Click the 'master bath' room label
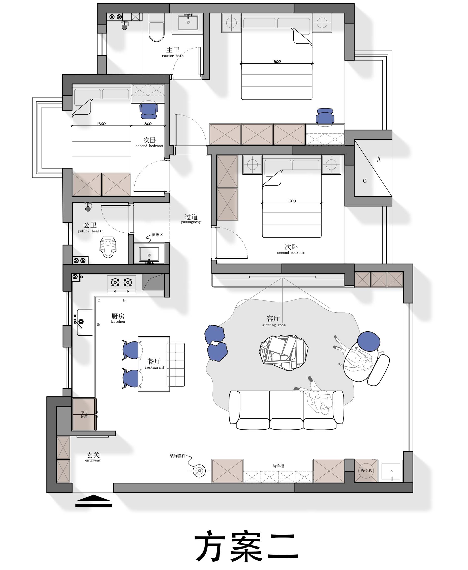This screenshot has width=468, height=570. pyautogui.click(x=173, y=56)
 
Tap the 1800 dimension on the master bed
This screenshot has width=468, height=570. pyautogui.click(x=277, y=62)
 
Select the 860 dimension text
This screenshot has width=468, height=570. pyautogui.click(x=148, y=124)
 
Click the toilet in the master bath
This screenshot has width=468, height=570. pyautogui.click(x=157, y=28)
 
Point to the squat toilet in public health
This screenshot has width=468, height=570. pyautogui.click(x=108, y=247)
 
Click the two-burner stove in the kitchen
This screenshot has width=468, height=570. pyautogui.click(x=121, y=284)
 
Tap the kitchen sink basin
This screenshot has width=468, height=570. pyautogui.click(x=85, y=322)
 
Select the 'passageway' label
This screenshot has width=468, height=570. pyautogui.click(x=191, y=222)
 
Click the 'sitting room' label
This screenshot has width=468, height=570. pyautogui.click(x=274, y=325)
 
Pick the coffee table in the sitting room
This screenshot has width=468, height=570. pyautogui.click(x=284, y=353)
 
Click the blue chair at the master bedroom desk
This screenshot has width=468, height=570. pyautogui.click(x=325, y=117)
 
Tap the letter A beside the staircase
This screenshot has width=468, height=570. pyautogui.click(x=379, y=159)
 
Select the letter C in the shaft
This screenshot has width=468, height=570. pyautogui.click(x=364, y=181)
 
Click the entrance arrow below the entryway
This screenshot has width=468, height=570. pyautogui.click(x=93, y=501)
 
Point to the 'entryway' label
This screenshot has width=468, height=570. pyautogui.click(x=93, y=460)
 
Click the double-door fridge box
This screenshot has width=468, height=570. pyautogui.click(x=84, y=414)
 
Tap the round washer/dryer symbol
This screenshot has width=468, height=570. pyautogui.click(x=366, y=470)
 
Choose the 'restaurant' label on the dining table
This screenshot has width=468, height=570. pyautogui.click(x=155, y=367)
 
